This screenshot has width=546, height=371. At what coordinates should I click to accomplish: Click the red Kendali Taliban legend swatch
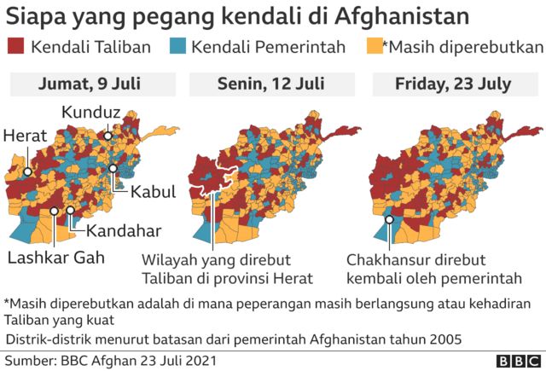click(x=16, y=47)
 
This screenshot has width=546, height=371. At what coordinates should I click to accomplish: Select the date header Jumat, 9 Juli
click(x=93, y=84)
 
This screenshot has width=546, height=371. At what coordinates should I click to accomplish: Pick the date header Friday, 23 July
click(x=453, y=84)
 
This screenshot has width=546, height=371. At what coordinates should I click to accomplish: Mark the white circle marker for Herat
click(x=28, y=171)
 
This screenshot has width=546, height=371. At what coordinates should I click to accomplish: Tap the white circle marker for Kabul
click(x=113, y=169)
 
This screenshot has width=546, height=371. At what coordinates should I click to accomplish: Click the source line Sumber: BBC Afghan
click(x=110, y=360)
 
